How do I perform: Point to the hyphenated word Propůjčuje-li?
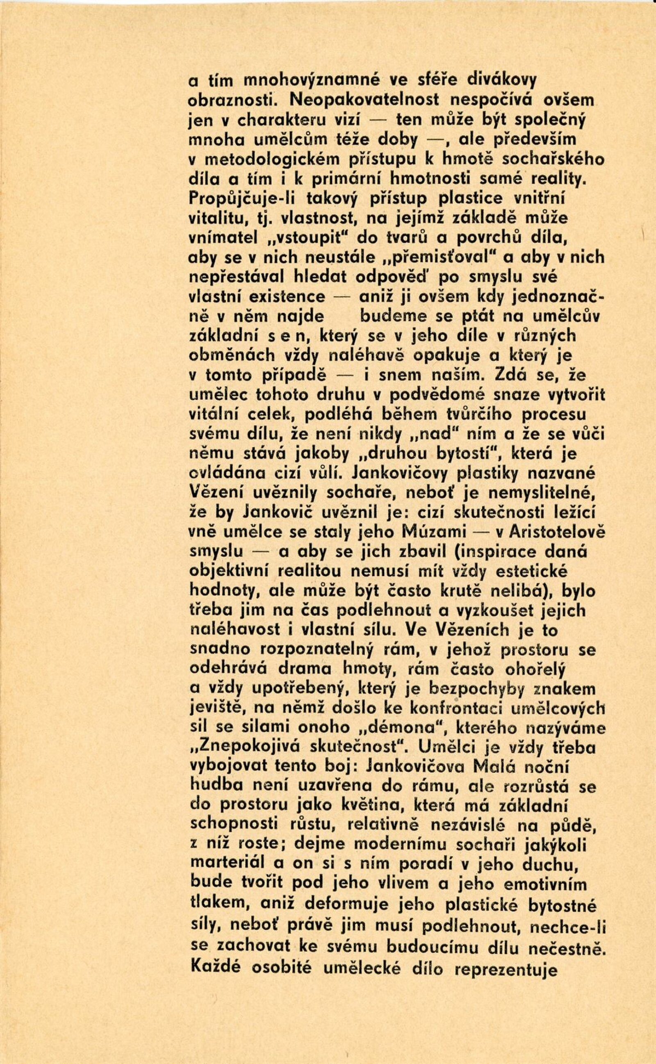point(244,199)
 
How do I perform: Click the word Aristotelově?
point(553,532)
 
